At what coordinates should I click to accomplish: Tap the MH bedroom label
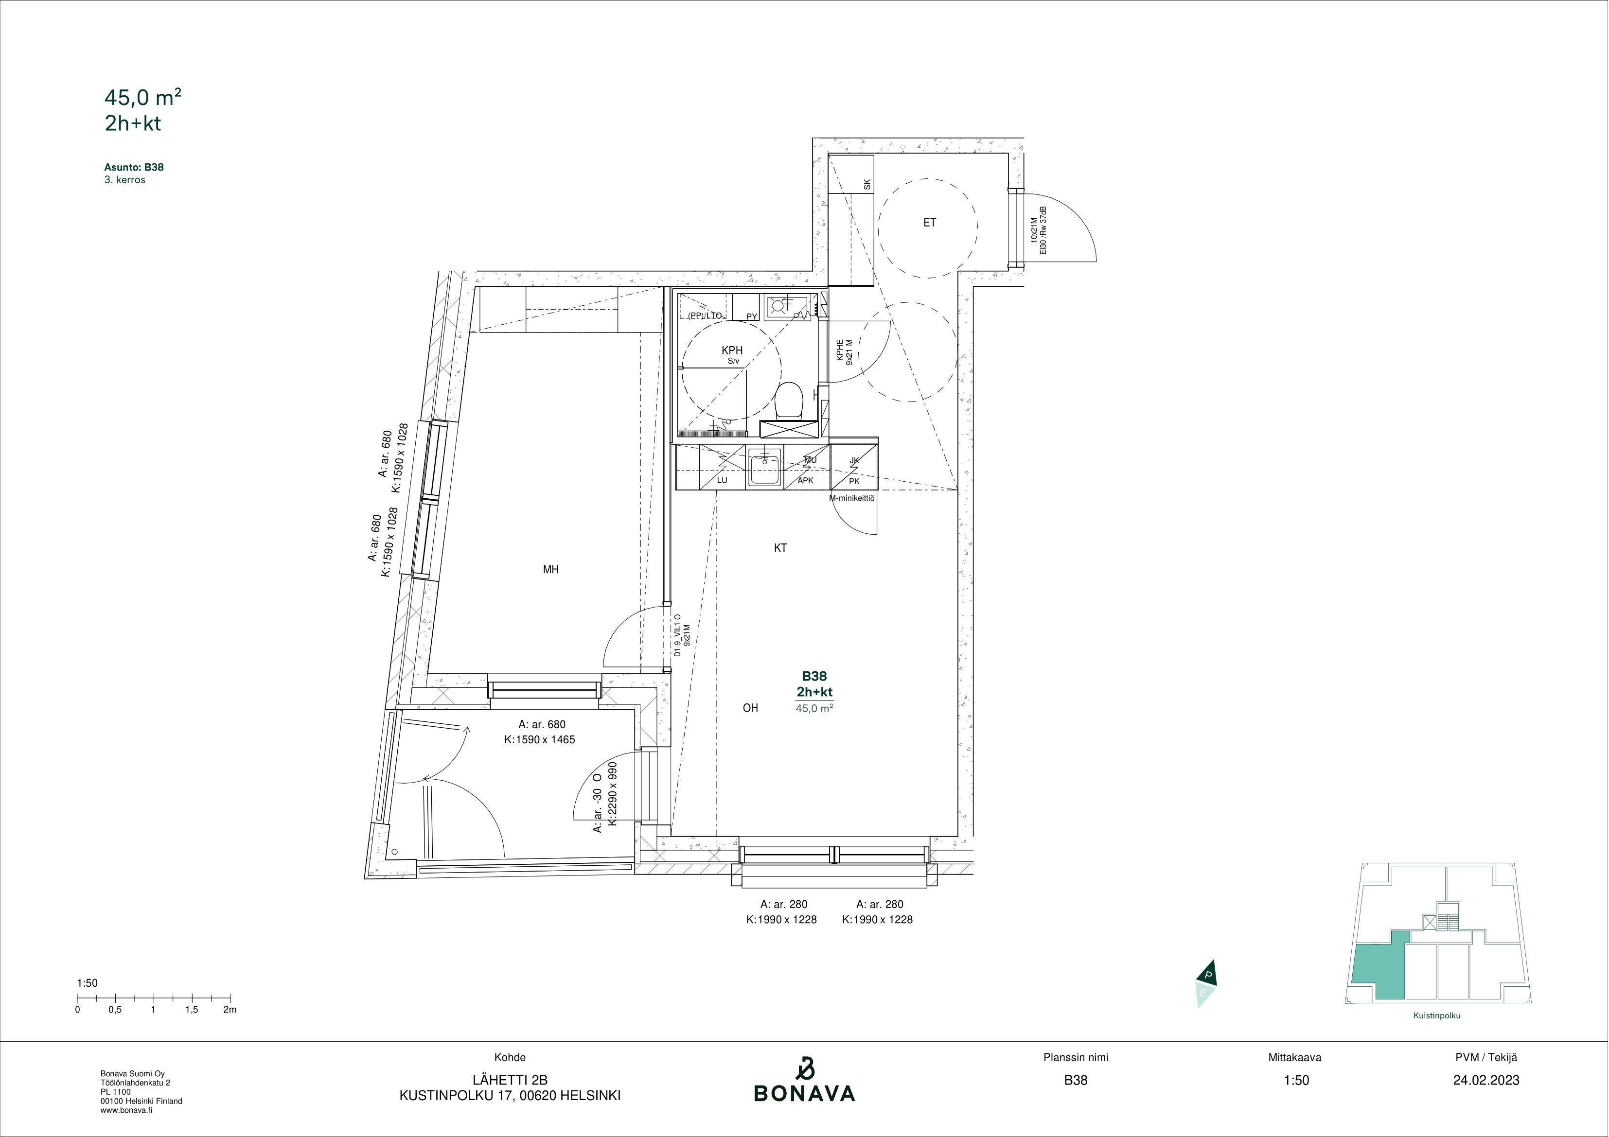click(551, 570)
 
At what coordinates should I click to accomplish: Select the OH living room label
click(751, 708)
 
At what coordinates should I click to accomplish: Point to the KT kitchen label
click(780, 548)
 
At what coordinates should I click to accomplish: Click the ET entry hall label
click(929, 223)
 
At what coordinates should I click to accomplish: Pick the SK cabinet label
click(867, 185)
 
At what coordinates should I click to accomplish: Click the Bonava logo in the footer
click(804, 1080)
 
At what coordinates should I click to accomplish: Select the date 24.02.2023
click(1486, 1080)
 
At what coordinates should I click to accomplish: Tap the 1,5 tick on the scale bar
click(191, 1010)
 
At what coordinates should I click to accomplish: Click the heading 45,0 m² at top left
click(143, 97)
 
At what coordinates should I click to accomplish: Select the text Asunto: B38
click(134, 167)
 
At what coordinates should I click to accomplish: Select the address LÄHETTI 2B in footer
click(510, 1080)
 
